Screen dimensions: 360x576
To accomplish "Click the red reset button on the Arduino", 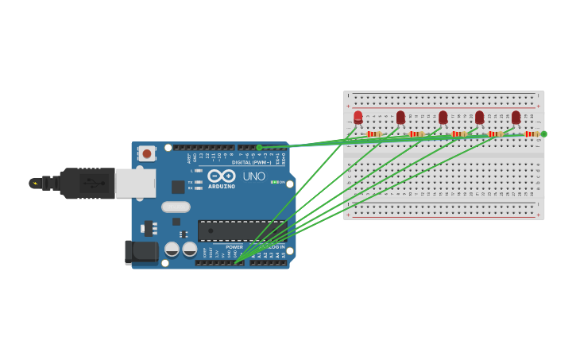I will click(147, 153).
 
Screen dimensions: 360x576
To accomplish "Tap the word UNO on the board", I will click(254, 176).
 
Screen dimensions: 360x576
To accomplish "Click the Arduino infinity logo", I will click(222, 176).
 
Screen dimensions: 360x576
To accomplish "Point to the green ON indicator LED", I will click(273, 182).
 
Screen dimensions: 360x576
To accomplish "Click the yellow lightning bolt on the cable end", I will click(35, 184).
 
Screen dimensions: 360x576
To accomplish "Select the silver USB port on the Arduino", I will click(135, 183).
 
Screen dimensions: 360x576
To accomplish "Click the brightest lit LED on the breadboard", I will click(358, 118).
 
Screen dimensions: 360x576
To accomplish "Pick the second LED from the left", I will click(400, 118).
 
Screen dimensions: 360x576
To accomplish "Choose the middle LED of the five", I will click(443, 118).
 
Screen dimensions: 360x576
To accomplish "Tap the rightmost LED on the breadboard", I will click(516, 118).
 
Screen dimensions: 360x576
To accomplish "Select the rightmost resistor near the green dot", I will click(531, 134).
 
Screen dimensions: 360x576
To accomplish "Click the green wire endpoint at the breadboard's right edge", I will click(543, 134).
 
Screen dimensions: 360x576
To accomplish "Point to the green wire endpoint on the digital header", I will click(259, 147).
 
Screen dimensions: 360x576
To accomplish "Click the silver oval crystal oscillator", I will click(176, 207).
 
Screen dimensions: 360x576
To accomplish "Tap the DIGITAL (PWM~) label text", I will click(252, 162).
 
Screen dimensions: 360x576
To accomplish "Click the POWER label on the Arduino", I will click(234, 247).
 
